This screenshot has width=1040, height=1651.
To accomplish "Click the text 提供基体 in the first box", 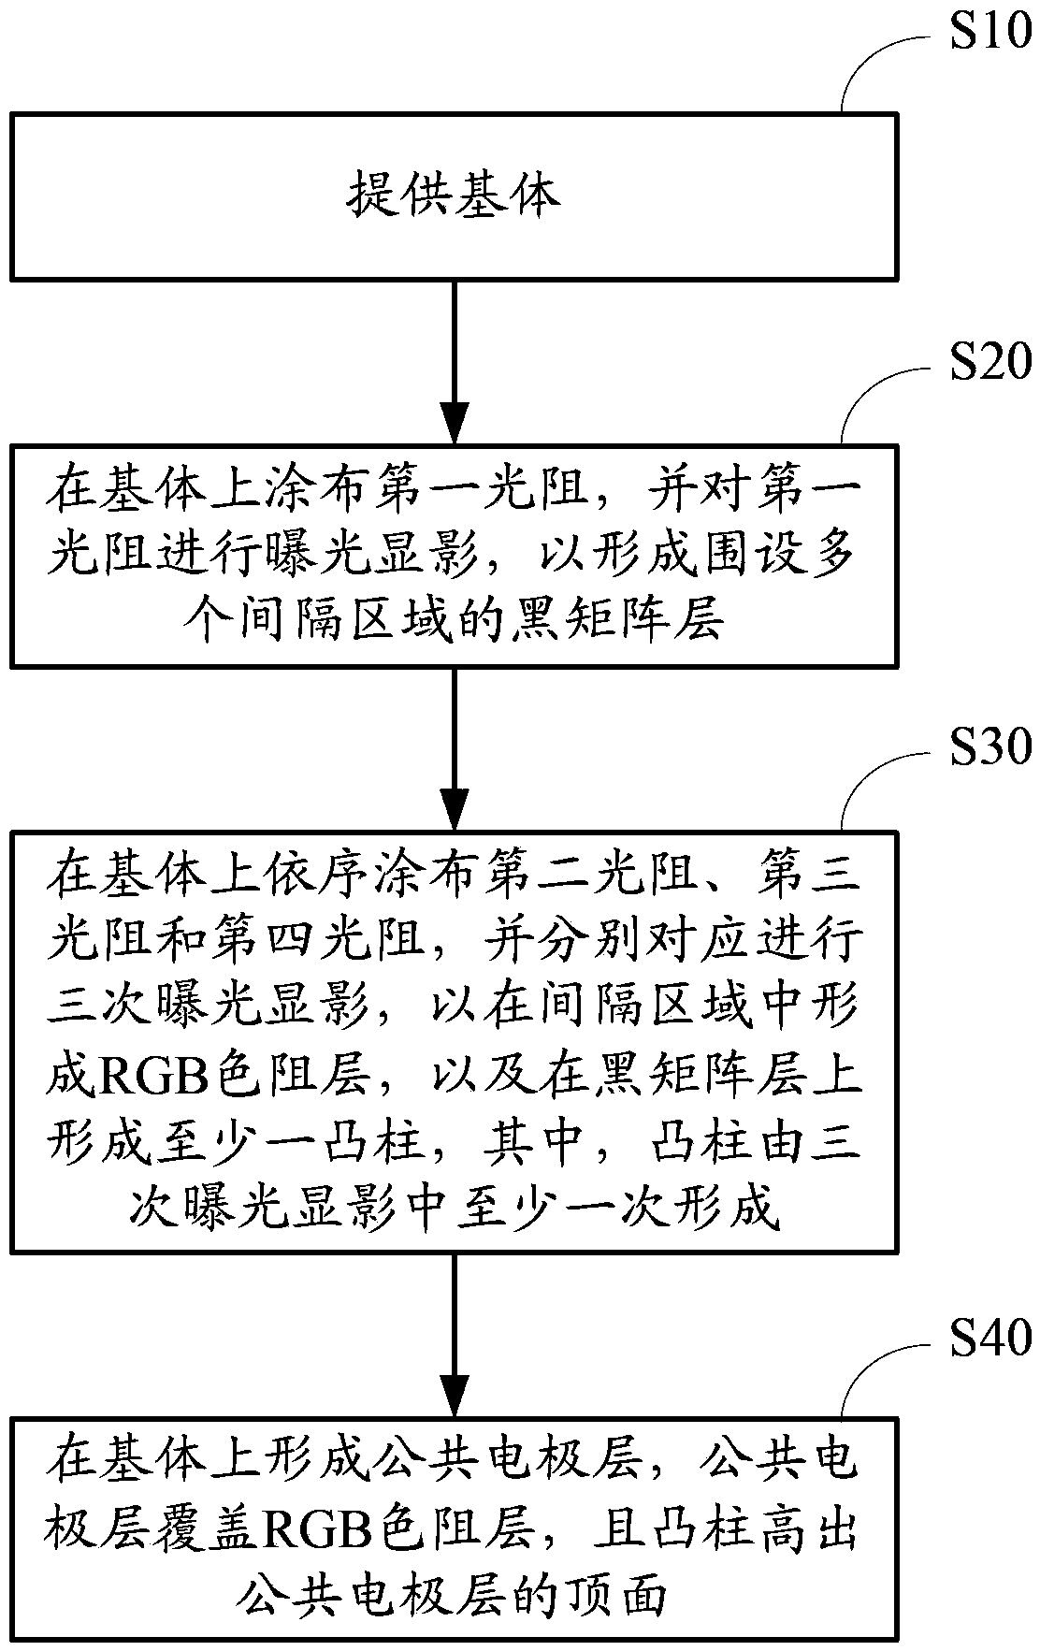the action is (455, 196).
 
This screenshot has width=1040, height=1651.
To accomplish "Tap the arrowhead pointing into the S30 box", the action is (455, 807).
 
